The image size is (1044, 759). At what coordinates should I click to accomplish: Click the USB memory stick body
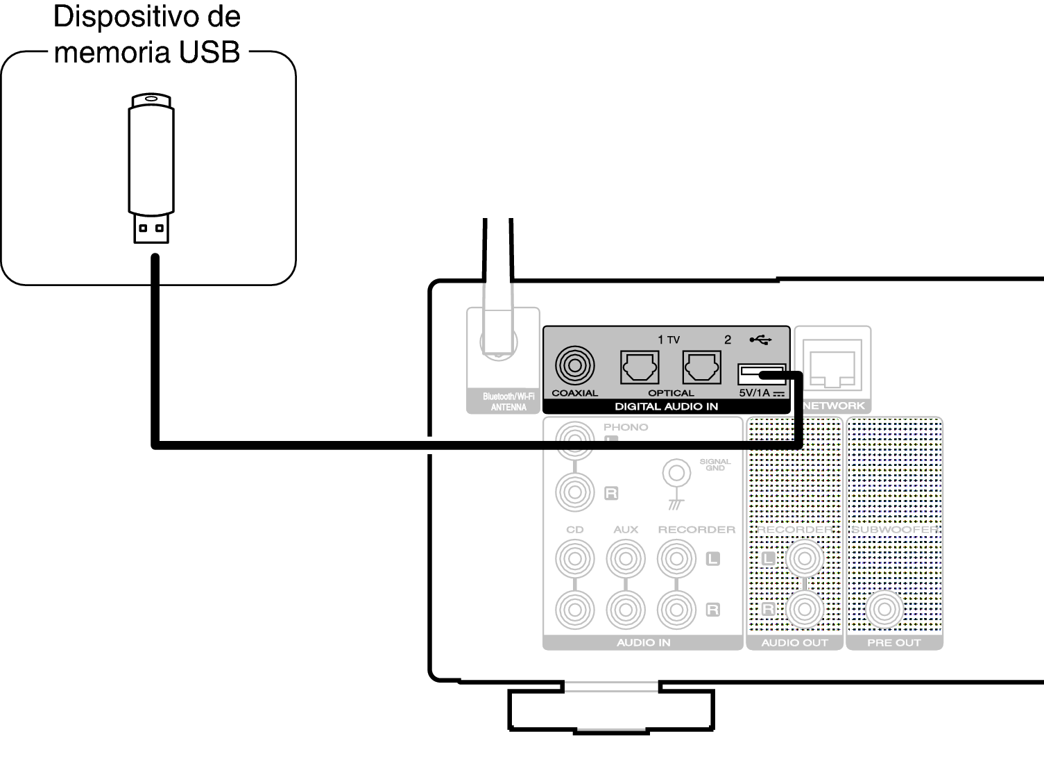pyautogui.click(x=151, y=160)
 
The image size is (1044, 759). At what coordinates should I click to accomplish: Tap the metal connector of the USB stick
pyautogui.click(x=151, y=228)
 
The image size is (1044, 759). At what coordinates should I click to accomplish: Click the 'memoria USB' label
pyautogui.click(x=148, y=49)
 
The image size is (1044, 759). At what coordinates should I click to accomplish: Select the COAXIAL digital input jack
pyautogui.click(x=574, y=366)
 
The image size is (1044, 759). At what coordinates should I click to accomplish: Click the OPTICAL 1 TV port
pyautogui.click(x=639, y=367)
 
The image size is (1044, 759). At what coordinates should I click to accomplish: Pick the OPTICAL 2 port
pyautogui.click(x=701, y=367)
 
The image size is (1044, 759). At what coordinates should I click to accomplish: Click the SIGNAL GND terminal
pyautogui.click(x=676, y=473)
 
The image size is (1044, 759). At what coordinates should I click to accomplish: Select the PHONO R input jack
pyautogui.click(x=574, y=492)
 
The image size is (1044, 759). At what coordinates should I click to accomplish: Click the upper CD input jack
pyautogui.click(x=574, y=558)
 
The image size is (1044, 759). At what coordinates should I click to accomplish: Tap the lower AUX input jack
pyautogui.click(x=626, y=610)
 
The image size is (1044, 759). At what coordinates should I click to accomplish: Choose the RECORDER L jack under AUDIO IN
pyautogui.click(x=676, y=558)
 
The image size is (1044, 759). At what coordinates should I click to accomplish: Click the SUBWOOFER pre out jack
pyautogui.click(x=884, y=610)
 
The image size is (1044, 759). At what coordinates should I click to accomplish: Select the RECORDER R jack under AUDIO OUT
pyautogui.click(x=805, y=610)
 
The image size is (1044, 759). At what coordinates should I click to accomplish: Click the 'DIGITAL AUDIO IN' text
pyautogui.click(x=666, y=406)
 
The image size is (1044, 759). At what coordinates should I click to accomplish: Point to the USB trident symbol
pyautogui.click(x=760, y=340)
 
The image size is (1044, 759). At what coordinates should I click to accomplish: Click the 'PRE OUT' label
pyautogui.click(x=893, y=643)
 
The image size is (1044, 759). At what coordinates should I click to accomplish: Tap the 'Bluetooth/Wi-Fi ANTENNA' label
pyautogui.click(x=508, y=402)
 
